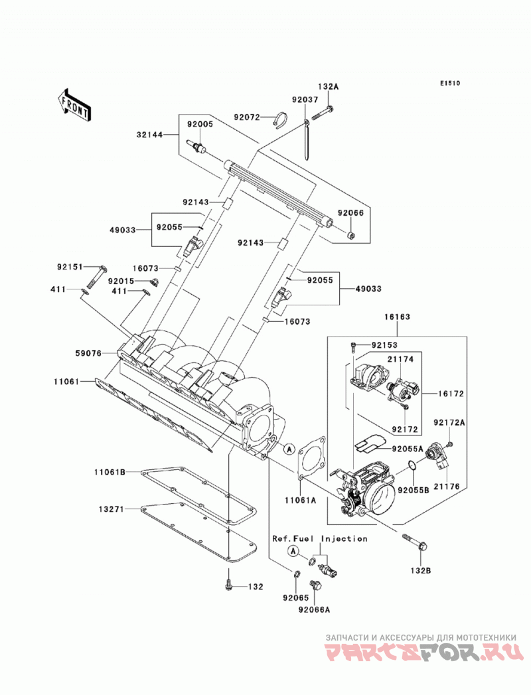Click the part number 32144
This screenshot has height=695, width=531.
(x=149, y=134)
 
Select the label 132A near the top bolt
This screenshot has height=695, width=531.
(x=328, y=87)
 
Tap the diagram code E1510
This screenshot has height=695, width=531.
(x=450, y=83)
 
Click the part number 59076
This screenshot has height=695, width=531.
(x=88, y=353)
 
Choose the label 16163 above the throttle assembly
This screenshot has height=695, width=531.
(x=397, y=317)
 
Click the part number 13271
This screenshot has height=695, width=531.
(x=112, y=509)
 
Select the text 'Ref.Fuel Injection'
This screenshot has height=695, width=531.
(x=319, y=538)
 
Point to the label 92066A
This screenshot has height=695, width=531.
(x=314, y=609)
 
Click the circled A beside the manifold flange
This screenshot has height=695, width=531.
(x=289, y=449)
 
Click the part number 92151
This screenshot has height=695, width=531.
(x=70, y=268)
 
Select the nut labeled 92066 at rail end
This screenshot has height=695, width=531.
(x=351, y=234)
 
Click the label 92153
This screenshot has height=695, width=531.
(x=385, y=345)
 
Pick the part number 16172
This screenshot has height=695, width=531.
(x=451, y=394)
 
